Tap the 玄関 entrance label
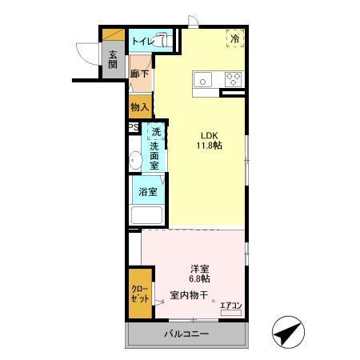113,60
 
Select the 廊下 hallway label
139,73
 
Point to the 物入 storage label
139,106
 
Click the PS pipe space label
133,127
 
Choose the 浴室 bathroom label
147,192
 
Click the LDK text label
208,134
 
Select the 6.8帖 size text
200,279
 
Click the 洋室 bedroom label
200,268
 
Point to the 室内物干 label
189,296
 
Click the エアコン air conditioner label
230,304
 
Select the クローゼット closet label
140,293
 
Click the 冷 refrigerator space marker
235,38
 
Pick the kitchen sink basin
203,79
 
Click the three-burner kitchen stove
234,79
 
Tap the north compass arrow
287,330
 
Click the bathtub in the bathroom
147,216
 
